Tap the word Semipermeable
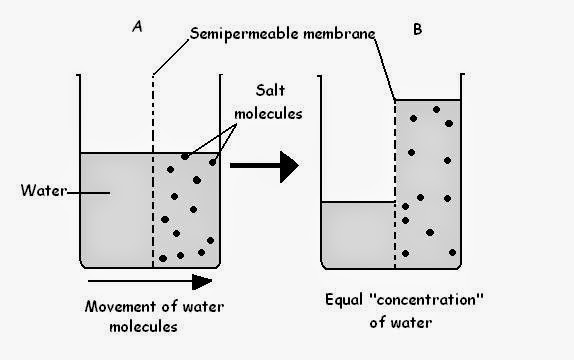(x=233, y=36)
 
